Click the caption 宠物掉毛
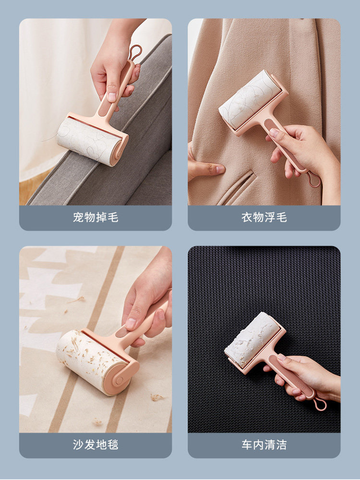[96, 217]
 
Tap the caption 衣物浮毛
[264, 217]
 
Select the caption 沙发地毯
[96, 444]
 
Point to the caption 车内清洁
[264, 444]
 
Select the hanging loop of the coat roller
[314, 180]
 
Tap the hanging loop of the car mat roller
[319, 404]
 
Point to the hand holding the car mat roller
[307, 374]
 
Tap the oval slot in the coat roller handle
[272, 129]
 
